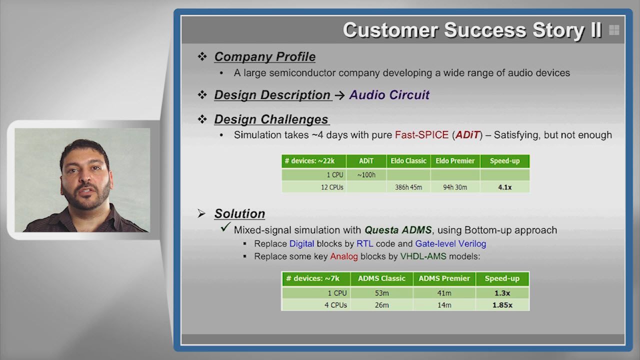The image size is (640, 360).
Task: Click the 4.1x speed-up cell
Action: click(505, 187)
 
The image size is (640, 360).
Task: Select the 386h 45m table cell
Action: click(408, 187)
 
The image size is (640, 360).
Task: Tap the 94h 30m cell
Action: click(455, 187)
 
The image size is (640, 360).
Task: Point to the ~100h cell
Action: click(366, 175)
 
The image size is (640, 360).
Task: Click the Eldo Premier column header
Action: click(455, 161)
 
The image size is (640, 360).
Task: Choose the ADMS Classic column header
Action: click(381, 278)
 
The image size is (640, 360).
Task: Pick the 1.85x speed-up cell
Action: click(502, 305)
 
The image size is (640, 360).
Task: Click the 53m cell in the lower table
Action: click(381, 293)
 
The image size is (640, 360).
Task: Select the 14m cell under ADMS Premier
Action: click(444, 305)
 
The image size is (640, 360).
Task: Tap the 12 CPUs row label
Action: click(332, 187)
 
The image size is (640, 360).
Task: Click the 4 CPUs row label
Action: click(335, 305)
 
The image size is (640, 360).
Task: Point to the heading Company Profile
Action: click(265, 56)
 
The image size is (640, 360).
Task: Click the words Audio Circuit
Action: click(389, 94)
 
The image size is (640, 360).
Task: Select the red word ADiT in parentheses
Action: click(467, 134)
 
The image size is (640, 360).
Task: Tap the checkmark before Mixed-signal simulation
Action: click(225, 227)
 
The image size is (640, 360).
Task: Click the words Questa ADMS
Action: click(398, 229)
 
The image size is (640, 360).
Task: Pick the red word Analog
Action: click(343, 256)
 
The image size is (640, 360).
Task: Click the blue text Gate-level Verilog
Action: click(450, 243)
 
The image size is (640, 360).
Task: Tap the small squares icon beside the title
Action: click(614, 30)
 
